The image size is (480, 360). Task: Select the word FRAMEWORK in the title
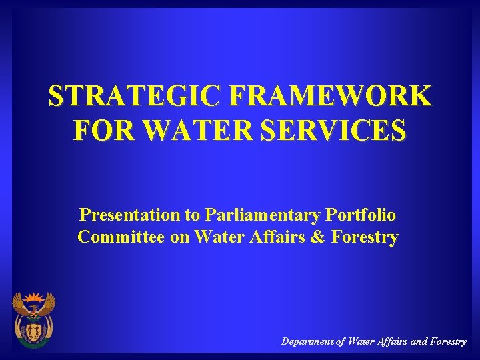[x=330, y=97]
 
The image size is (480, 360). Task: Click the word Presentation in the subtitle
[x=129, y=215]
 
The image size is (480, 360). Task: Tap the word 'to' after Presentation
[x=193, y=215]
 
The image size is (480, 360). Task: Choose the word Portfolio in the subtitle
[x=361, y=215]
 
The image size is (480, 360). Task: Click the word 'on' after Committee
[x=180, y=237]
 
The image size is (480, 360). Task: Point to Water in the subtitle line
[x=219, y=237]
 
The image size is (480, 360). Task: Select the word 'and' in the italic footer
[x=419, y=341]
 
